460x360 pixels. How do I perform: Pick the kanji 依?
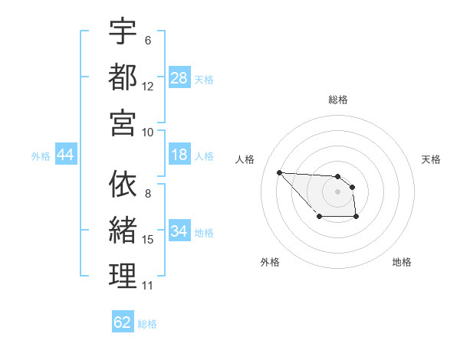[123, 185]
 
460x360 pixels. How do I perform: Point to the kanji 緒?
[123, 230]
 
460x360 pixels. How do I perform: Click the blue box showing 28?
[179, 78]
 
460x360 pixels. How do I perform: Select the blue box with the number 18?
[179, 155]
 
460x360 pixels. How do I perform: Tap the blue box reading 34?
[179, 231]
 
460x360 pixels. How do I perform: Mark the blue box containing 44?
[66, 155]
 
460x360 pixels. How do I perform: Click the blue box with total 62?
[123, 322]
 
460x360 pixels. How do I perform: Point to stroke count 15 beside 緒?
[148, 240]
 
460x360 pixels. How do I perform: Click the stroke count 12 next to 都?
[148, 87]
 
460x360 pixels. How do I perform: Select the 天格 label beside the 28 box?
[204, 79]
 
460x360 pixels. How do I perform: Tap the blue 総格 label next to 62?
[147, 323]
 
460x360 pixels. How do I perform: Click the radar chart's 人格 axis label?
[245, 159]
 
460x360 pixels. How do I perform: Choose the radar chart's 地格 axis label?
[402, 262]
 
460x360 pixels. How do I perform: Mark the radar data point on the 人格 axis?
[279, 172]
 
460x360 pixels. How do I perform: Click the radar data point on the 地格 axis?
[356, 218]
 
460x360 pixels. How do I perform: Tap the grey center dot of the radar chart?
[337, 191]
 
